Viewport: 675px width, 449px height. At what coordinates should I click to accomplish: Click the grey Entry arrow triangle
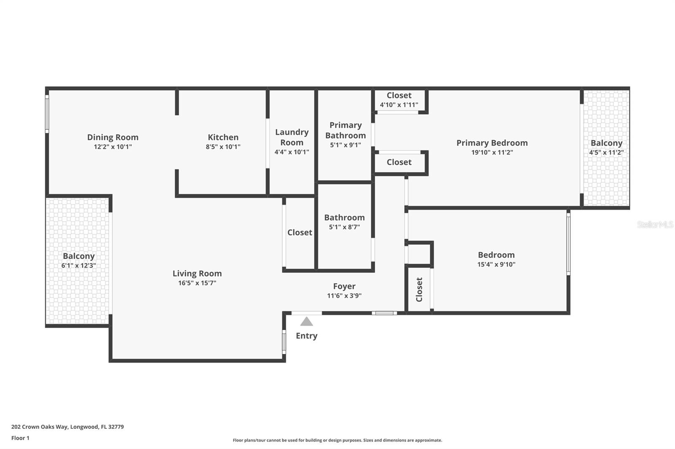307,322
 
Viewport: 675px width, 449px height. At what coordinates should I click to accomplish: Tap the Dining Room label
113,137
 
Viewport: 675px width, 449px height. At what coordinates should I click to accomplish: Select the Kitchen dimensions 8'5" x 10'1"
223,147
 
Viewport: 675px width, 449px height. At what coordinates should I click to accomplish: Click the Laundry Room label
292,137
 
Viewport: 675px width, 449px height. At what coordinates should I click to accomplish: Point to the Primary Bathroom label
346,130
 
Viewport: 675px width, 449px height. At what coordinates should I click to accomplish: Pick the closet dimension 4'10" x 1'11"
399,105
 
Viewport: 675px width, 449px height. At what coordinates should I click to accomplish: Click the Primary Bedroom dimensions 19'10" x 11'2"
492,152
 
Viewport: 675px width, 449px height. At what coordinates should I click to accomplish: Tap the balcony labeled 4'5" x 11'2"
606,147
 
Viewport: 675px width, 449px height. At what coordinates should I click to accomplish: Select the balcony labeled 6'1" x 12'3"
78,260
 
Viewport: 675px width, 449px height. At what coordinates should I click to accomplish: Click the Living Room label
197,273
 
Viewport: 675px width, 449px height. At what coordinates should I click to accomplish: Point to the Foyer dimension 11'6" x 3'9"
344,296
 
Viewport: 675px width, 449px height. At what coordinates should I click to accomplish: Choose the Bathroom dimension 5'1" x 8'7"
344,227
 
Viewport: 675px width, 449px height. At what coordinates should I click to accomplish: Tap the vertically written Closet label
419,289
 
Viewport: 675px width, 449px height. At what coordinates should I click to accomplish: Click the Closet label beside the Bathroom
300,233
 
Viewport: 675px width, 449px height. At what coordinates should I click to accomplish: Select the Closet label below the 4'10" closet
399,162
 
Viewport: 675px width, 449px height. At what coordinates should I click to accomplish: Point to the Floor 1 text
20,438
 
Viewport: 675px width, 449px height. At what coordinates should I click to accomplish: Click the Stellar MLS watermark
655,224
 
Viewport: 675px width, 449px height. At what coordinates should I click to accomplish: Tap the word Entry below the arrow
306,336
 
